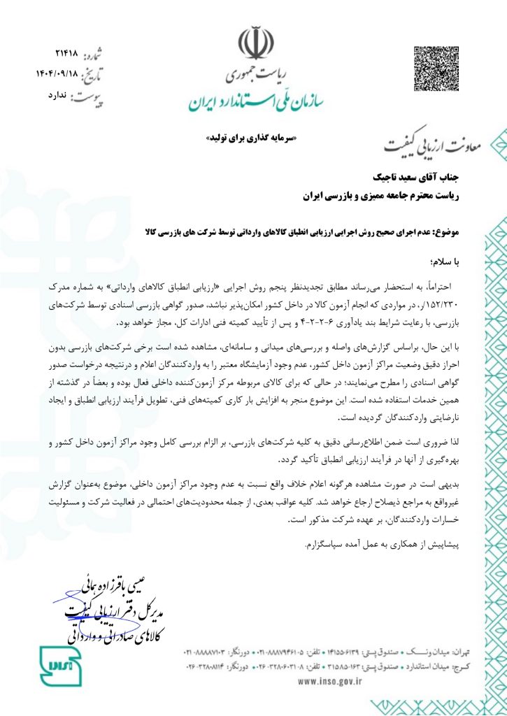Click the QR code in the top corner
(x=437, y=69)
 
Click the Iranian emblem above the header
(x=252, y=43)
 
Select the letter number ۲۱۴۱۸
(x=67, y=54)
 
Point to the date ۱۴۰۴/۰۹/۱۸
(x=57, y=73)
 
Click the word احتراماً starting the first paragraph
(x=455, y=285)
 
